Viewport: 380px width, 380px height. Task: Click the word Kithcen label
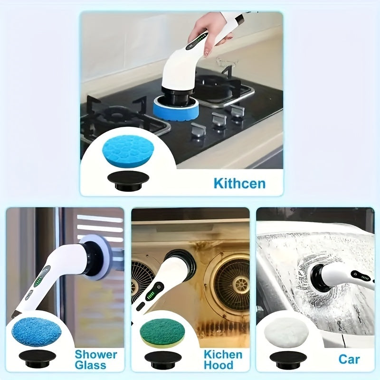point(239,183)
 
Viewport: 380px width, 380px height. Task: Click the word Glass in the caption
point(90,366)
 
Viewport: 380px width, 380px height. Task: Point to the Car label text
point(349,359)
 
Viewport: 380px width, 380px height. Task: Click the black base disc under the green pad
point(163,357)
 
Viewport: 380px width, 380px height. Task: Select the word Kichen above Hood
point(223,354)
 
